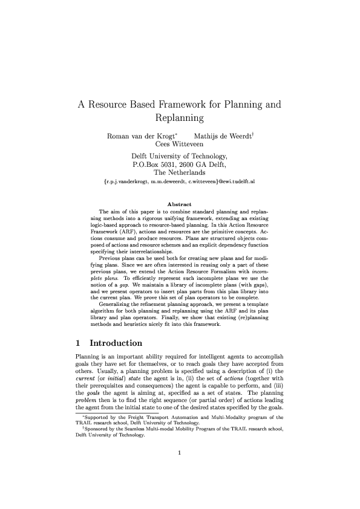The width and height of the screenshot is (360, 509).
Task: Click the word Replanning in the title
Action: point(180,117)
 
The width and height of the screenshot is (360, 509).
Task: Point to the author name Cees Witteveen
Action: point(180,144)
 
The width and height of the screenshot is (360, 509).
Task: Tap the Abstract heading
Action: point(179,204)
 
